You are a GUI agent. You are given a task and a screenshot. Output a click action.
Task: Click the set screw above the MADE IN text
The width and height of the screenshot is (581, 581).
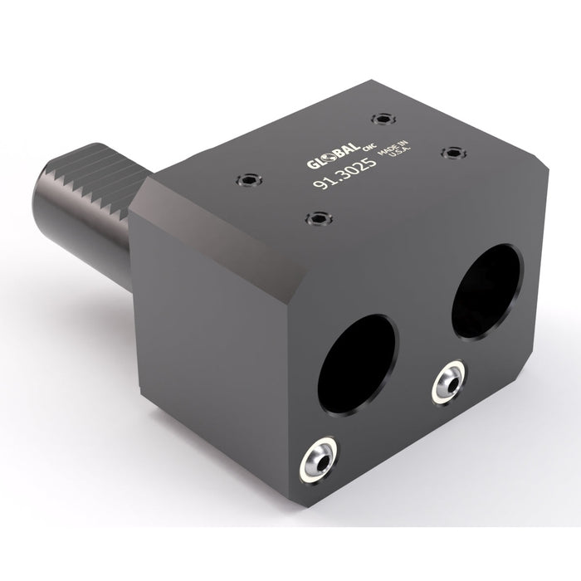(x=381, y=118)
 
